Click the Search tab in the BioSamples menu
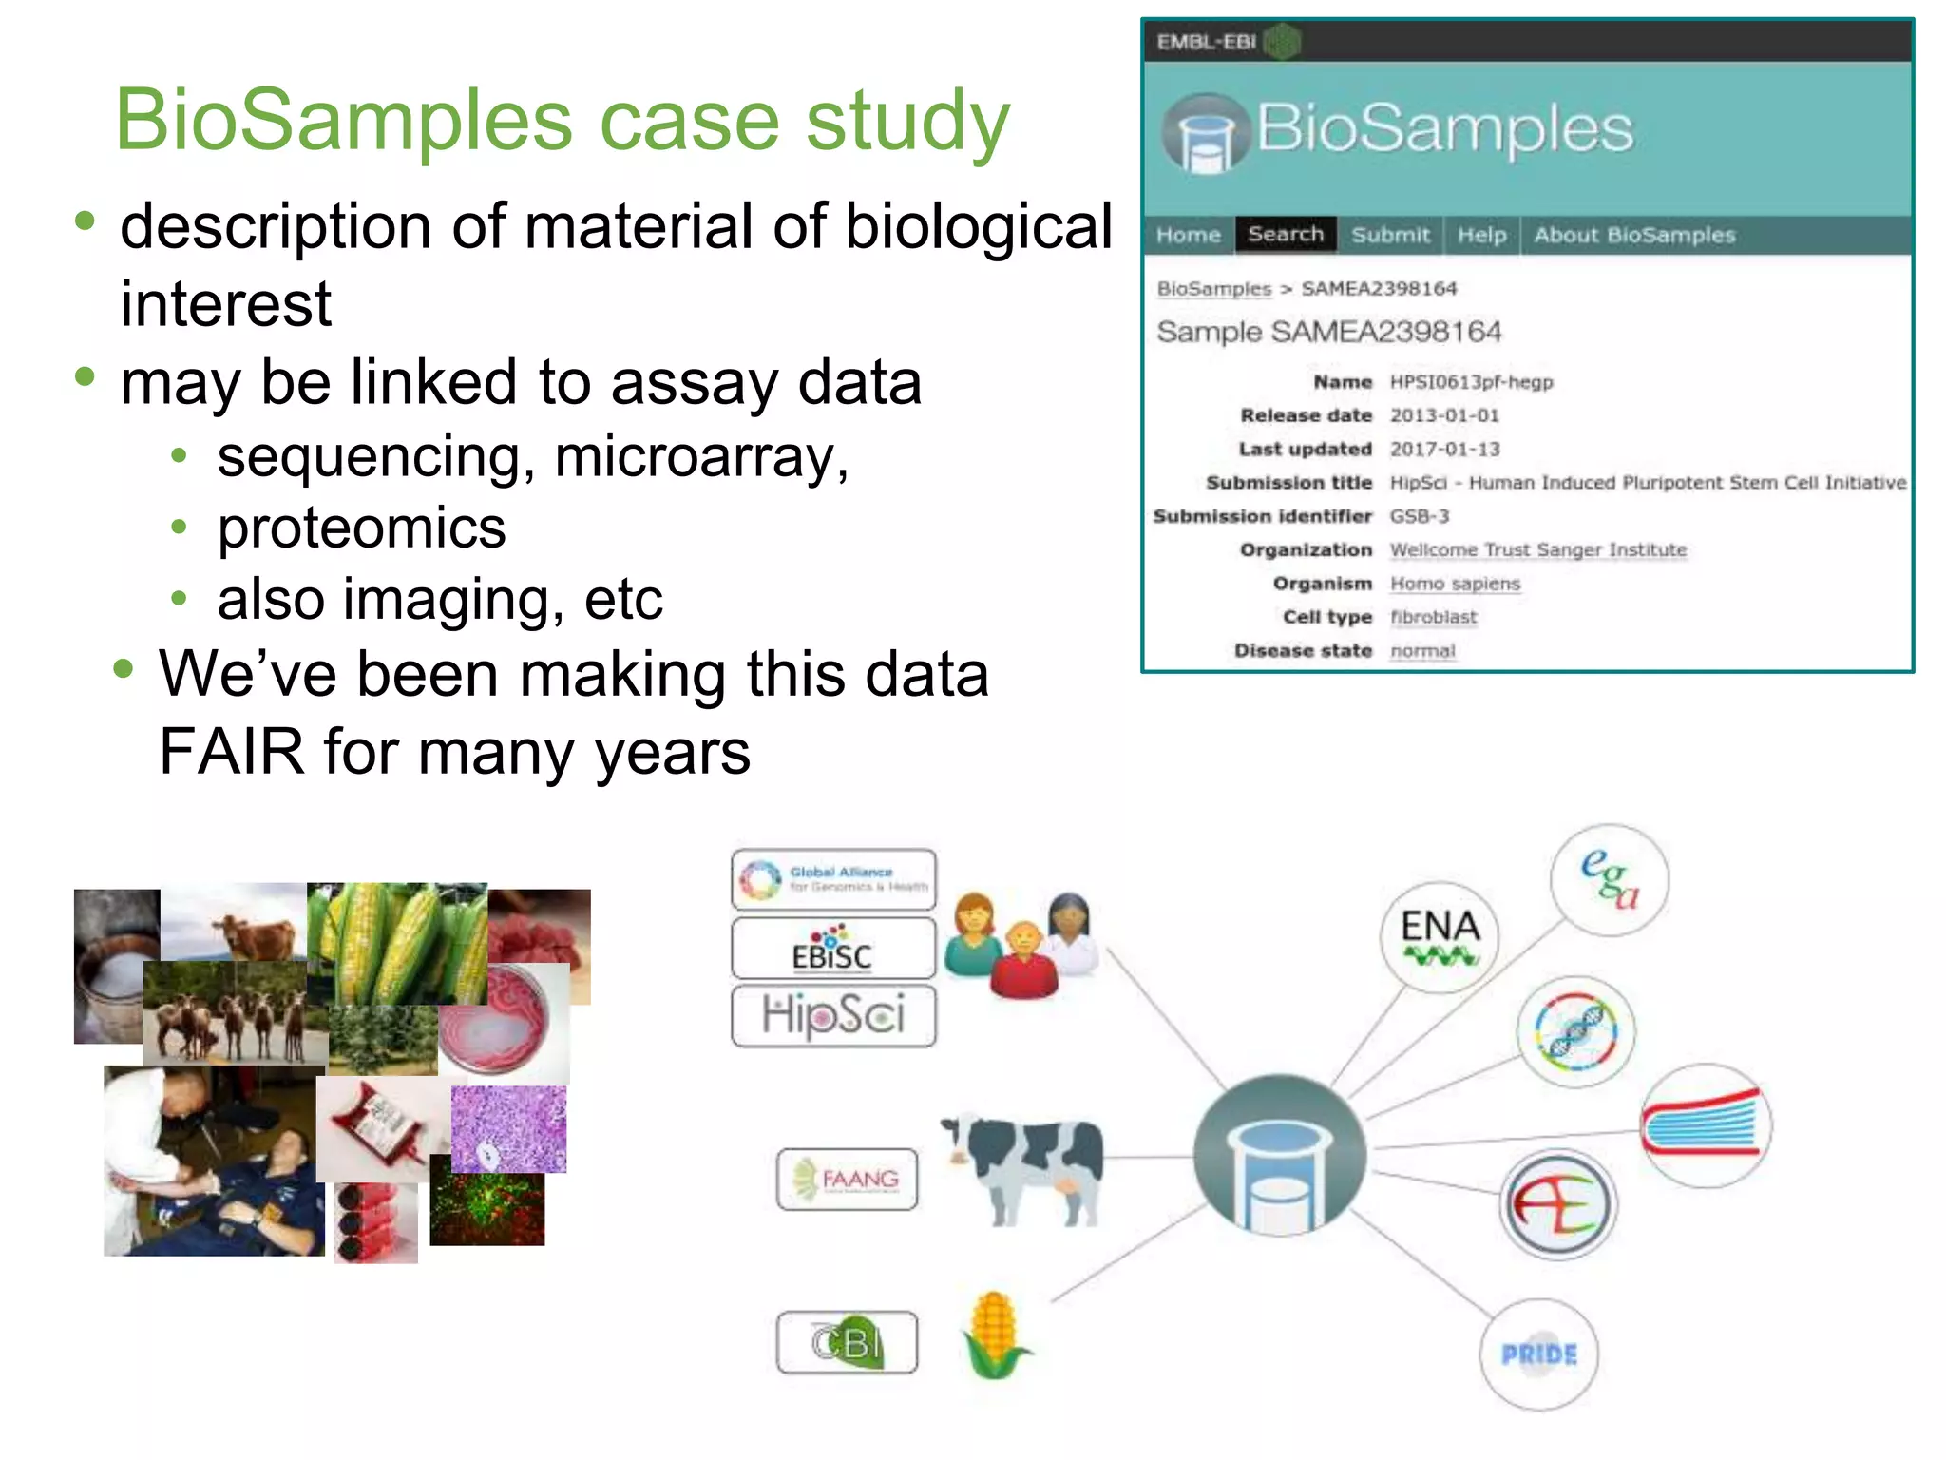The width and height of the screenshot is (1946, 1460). pos(1285,235)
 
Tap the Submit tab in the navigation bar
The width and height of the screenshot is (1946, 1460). pos(1390,235)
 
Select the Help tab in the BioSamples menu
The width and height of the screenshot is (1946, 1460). pos(1481,235)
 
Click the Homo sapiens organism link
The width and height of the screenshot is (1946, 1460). pos(1455,584)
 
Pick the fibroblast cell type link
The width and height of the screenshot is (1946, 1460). pos(1434,617)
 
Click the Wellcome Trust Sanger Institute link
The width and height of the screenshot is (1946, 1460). pos(1537,549)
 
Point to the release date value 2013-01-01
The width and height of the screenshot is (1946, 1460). pos(1444,415)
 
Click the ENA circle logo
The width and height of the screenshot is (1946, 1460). pos(1440,936)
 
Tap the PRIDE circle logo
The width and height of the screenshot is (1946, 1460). pos(1538,1354)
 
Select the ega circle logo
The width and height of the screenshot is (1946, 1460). pos(1609,880)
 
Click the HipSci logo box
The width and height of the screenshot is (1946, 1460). pos(833,1016)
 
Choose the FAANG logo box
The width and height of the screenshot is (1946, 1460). pos(847,1180)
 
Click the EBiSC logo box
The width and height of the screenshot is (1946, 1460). pos(833,948)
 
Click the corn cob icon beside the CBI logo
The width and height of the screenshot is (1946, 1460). pos(994,1335)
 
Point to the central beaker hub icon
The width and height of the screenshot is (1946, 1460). pos(1279,1155)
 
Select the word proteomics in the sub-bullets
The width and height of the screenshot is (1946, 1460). pos(361,528)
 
